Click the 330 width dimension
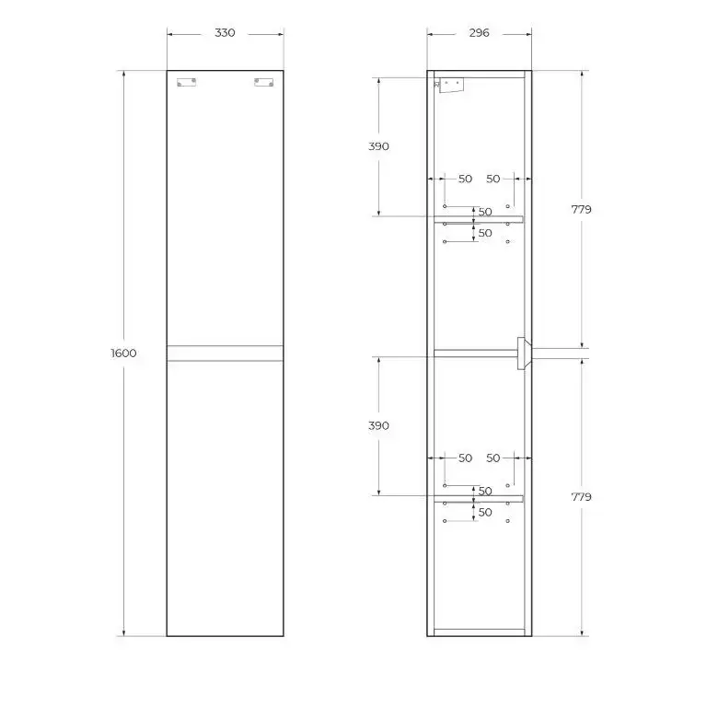coord(225,33)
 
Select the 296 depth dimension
coord(479,33)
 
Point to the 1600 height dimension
coord(123,353)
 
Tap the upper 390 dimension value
coord(378,146)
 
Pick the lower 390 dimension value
coord(378,425)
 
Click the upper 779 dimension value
coord(581,209)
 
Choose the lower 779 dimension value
coord(581,496)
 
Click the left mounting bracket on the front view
coord(187,82)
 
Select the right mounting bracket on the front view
coord(263,82)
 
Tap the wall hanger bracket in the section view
coord(450,85)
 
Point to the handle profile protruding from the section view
coord(524,352)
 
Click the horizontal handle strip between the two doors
coord(225,353)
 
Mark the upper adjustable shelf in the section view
coord(478,219)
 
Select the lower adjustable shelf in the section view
coord(478,499)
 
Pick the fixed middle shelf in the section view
coord(474,352)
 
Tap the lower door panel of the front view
coord(225,497)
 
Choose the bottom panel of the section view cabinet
coord(478,632)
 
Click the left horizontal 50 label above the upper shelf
coord(465,179)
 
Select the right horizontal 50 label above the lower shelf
coord(493,458)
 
